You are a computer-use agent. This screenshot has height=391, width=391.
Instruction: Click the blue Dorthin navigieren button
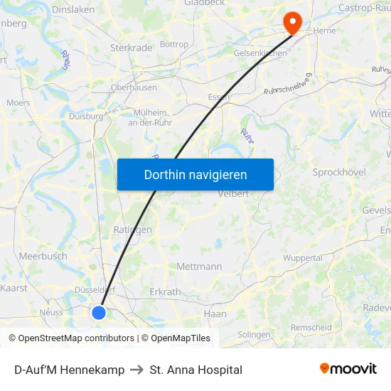click(x=195, y=174)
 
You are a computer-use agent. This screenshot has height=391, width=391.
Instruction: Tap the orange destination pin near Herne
click(x=292, y=23)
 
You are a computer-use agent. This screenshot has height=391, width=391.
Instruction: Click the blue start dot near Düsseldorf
click(x=99, y=312)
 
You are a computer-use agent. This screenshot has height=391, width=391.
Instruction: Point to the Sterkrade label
click(x=131, y=48)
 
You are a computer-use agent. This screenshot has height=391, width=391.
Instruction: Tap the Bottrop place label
click(x=174, y=44)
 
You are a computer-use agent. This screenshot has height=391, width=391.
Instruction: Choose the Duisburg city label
click(x=87, y=116)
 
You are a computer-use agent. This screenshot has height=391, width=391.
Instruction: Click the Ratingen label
click(x=133, y=230)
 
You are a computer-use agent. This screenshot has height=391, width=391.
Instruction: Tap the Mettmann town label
click(x=199, y=267)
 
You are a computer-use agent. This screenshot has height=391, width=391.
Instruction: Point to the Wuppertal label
click(x=303, y=258)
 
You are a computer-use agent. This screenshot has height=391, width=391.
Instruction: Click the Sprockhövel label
click(x=338, y=172)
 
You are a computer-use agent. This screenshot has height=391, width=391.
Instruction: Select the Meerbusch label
click(x=43, y=256)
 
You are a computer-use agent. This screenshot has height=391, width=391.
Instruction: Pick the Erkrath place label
click(x=165, y=291)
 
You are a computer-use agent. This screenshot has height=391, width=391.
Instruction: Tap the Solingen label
click(x=254, y=334)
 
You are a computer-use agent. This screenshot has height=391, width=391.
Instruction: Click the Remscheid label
click(x=311, y=327)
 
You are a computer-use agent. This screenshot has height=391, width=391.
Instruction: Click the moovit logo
click(x=348, y=369)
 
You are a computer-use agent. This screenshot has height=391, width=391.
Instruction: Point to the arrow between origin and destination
click(x=137, y=370)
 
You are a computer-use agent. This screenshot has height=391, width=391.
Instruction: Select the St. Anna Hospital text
click(x=196, y=370)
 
